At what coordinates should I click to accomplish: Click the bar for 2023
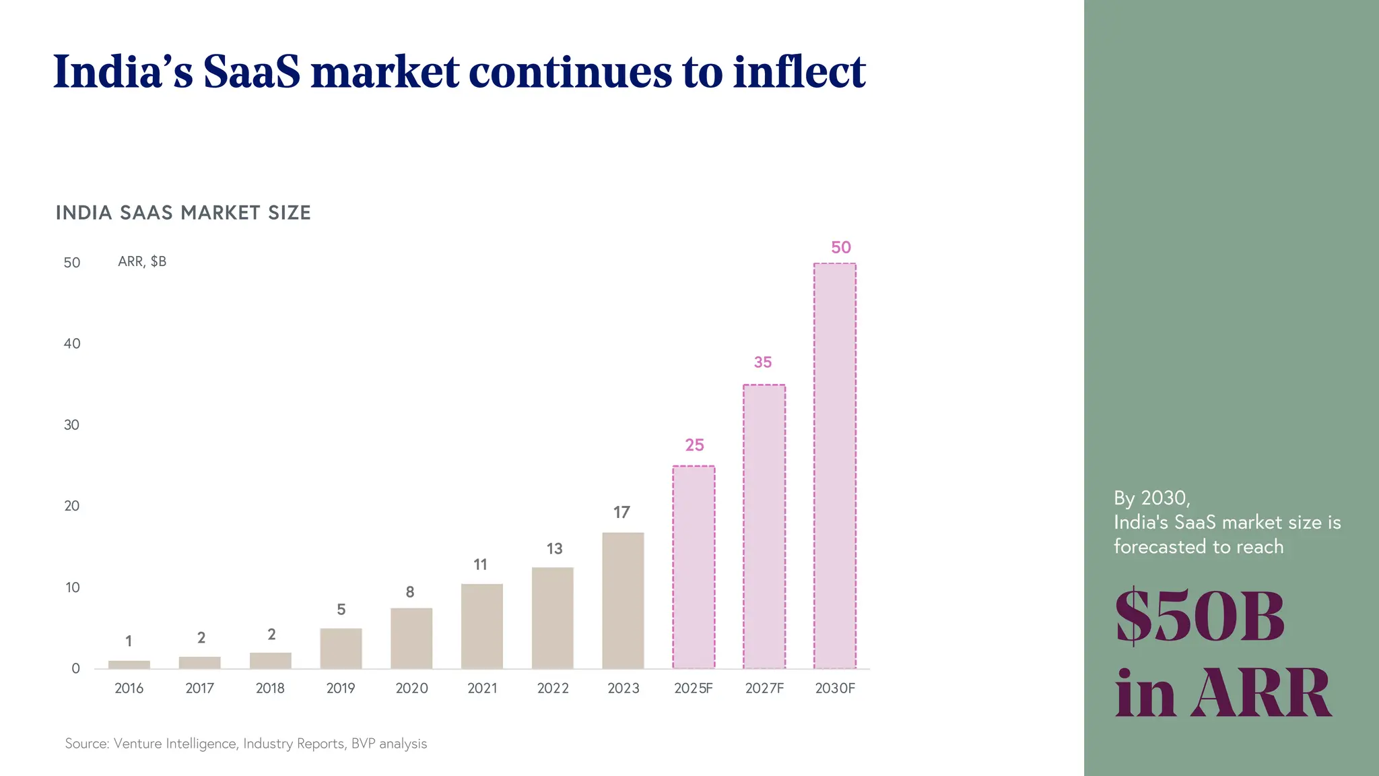(623, 601)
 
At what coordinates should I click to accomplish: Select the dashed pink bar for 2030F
(834, 466)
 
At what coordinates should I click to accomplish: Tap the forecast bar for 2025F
(694, 567)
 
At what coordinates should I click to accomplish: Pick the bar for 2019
(341, 648)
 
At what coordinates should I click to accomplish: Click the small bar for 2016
(129, 665)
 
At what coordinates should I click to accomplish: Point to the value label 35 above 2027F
(763, 362)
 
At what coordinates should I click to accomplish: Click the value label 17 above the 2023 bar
(621, 513)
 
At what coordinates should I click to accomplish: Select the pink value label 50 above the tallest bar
(840, 247)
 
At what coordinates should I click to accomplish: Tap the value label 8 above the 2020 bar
(409, 592)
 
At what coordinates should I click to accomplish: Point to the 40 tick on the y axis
(72, 344)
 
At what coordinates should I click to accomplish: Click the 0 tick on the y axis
(75, 668)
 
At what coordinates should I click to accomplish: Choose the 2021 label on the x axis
(482, 688)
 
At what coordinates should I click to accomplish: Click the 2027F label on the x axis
(764, 688)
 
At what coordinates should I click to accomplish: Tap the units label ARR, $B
(142, 261)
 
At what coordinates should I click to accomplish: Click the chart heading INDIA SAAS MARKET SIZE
(183, 213)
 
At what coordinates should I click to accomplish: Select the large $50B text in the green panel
(1200, 616)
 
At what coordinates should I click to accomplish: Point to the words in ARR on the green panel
(1222, 693)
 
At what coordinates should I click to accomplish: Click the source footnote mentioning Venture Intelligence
(246, 744)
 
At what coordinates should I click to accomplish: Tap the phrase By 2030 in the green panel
(1151, 498)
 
